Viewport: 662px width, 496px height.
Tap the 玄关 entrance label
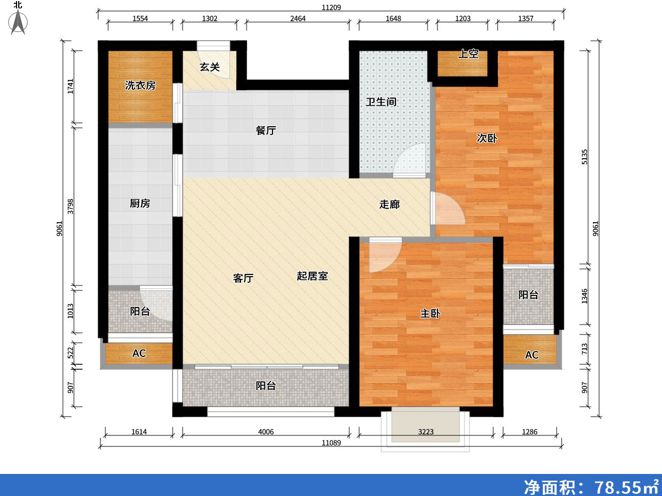point(210,67)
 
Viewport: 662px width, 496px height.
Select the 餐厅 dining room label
point(266,131)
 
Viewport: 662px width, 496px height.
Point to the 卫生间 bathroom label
point(381,102)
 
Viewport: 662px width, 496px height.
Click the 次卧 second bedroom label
point(487,138)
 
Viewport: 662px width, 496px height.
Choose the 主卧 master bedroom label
point(430,314)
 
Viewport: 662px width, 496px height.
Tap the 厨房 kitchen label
point(140,203)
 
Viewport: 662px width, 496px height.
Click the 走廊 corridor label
point(389,204)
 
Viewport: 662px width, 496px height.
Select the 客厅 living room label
point(243,278)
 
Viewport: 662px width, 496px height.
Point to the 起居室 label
point(313,276)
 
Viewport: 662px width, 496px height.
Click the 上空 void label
point(468,54)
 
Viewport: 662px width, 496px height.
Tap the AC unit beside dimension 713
point(531,355)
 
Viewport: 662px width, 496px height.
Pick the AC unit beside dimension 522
point(139,353)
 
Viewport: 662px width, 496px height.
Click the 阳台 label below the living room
point(266,386)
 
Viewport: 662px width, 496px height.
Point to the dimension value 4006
point(266,432)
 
